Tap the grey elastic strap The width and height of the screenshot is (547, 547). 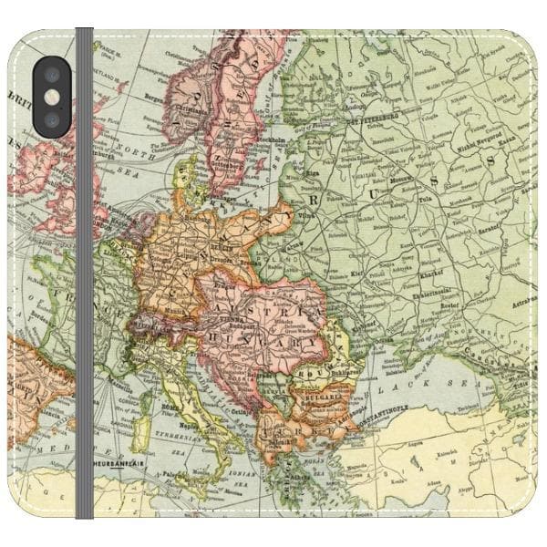pos(84,273)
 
